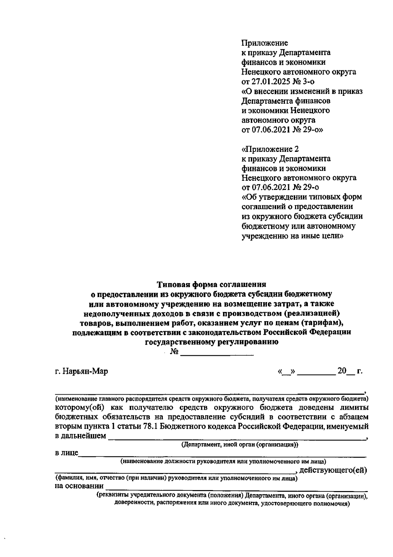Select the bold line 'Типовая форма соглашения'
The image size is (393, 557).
pos(211,284)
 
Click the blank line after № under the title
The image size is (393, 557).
pos(217,352)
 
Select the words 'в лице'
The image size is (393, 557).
pos(66,453)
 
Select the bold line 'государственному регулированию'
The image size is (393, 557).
pos(212,342)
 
